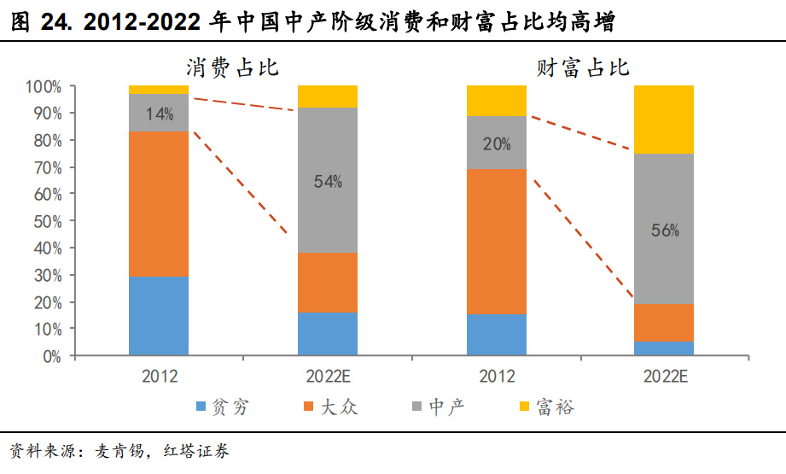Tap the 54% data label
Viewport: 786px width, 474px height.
(x=328, y=181)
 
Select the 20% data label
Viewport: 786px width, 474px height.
(x=497, y=144)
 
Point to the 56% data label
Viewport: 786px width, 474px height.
(x=664, y=230)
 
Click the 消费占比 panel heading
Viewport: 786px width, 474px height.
(x=233, y=68)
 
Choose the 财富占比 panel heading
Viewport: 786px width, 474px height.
(x=583, y=68)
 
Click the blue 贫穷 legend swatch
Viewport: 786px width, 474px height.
(x=201, y=407)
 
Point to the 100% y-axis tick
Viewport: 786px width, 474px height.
(x=44, y=86)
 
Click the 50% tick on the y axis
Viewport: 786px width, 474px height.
(x=47, y=221)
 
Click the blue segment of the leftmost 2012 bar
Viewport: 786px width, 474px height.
(x=159, y=315)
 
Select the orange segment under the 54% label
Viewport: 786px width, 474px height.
(x=328, y=282)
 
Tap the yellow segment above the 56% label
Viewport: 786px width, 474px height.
(x=664, y=119)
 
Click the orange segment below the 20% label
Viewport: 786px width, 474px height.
(x=497, y=241)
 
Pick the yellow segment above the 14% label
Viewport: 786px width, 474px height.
(x=159, y=89)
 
